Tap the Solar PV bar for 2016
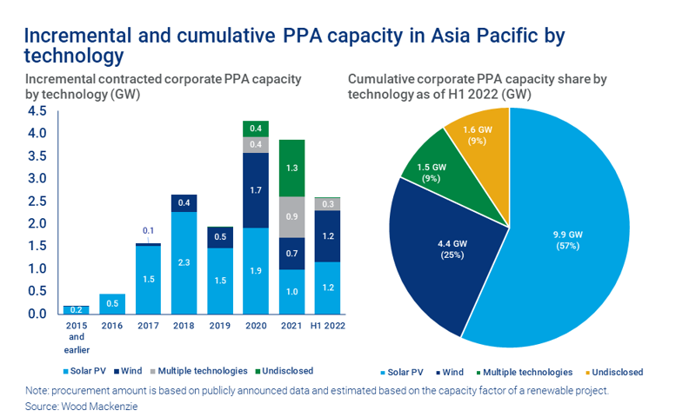[111, 303]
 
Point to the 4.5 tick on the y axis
[37, 111]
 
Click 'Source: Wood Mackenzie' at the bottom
[77, 405]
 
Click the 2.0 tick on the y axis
[37, 223]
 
